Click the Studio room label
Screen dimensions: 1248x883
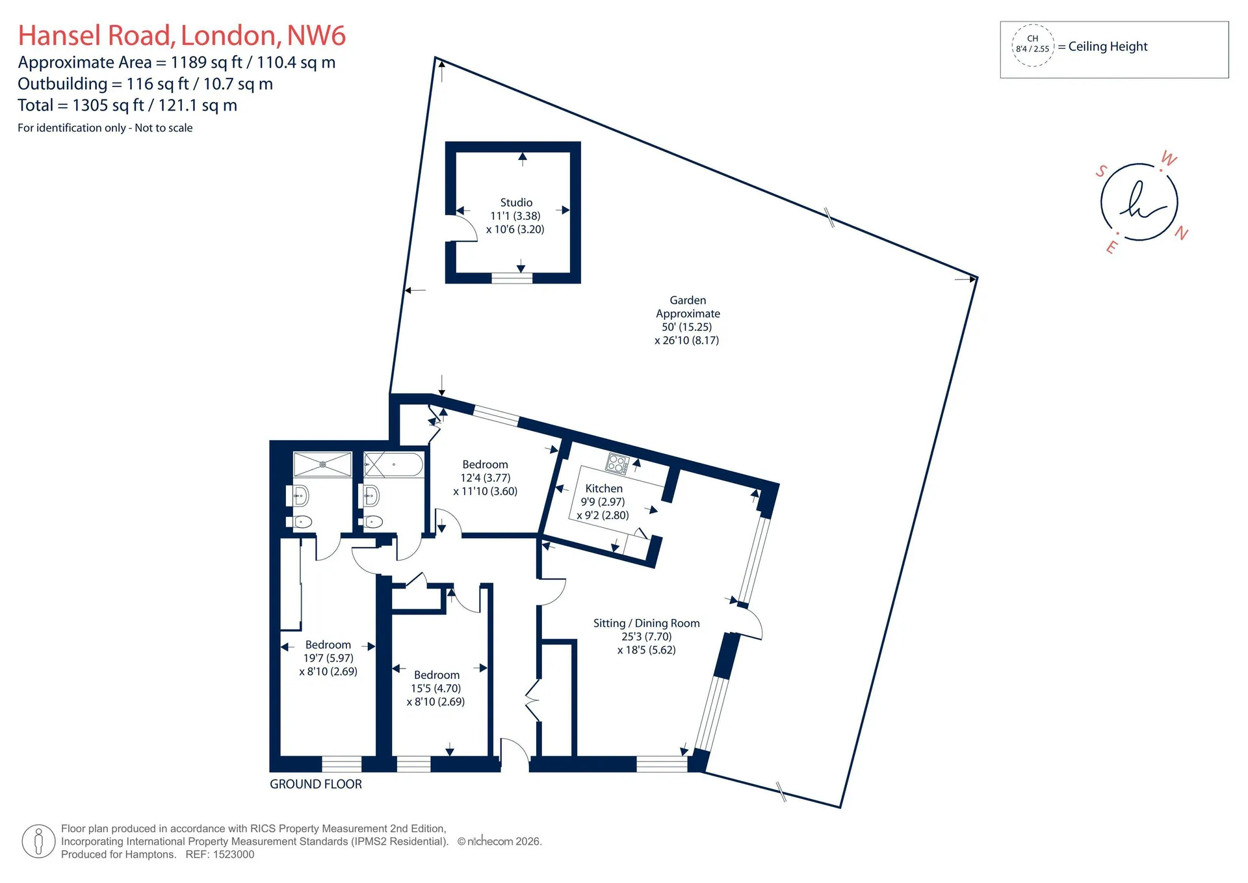[x=516, y=203]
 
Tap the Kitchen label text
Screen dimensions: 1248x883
[x=604, y=488]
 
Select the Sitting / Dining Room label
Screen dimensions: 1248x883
[x=647, y=623]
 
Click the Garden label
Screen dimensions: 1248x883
[x=688, y=300]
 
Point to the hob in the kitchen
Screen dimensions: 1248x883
[x=617, y=464]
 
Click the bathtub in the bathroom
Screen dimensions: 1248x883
[x=393, y=465]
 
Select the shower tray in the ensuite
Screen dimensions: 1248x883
[x=322, y=464]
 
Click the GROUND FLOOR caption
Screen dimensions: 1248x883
[x=316, y=784]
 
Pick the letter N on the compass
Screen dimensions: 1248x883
[x=1182, y=233]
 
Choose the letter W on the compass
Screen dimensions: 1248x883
[x=1169, y=159]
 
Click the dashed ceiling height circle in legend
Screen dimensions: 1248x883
[x=1033, y=45]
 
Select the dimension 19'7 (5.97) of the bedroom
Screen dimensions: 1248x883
[x=328, y=658]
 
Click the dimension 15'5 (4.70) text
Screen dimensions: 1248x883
[x=435, y=688]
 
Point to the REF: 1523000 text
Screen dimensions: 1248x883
[x=220, y=854]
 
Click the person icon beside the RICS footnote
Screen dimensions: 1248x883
[x=38, y=841]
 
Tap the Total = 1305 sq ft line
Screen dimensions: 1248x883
[x=127, y=105]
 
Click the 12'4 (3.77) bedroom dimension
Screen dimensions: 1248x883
[x=486, y=478]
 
